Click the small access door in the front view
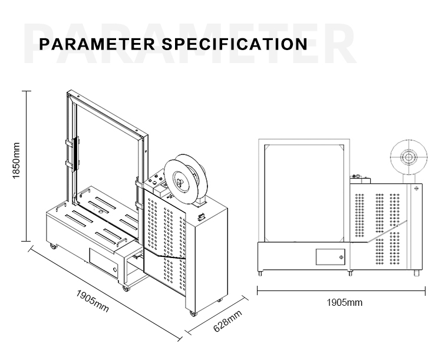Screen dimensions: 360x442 point(331,257)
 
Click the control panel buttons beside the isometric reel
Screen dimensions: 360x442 point(157,182)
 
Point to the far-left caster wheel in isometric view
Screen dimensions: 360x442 point(53,246)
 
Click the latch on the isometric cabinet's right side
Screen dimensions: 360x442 point(202,216)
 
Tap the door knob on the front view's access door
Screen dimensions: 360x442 point(342,257)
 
